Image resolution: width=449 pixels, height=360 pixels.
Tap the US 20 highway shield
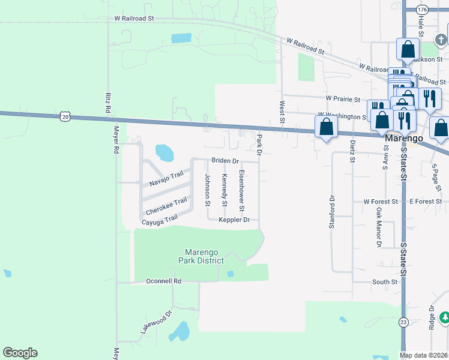(x=65, y=117)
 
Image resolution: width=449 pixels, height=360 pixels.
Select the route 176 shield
(x=421, y=10)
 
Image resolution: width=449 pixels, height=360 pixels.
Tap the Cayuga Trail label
(x=160, y=221)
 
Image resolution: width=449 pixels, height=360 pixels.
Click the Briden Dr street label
(x=225, y=161)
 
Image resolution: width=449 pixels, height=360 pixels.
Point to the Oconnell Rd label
(x=164, y=281)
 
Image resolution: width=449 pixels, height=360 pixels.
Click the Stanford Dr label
(x=331, y=211)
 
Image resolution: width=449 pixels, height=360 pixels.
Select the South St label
(x=385, y=281)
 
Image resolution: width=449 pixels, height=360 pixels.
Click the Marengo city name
(x=403, y=138)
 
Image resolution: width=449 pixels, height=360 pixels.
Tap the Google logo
(x=20, y=353)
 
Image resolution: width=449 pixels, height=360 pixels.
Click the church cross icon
(x=441, y=39)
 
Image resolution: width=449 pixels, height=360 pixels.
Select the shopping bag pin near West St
(x=326, y=127)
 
